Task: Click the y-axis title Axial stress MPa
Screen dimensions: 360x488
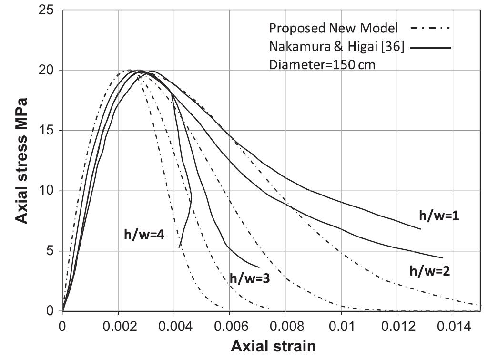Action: pyautogui.click(x=21, y=160)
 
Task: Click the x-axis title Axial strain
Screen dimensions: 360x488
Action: pyautogui.click(x=273, y=346)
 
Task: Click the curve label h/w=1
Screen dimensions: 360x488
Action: pyautogui.click(x=439, y=215)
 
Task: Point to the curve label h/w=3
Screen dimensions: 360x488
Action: pyautogui.click(x=250, y=278)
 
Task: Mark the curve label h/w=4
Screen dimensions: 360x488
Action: pyautogui.click(x=144, y=235)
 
